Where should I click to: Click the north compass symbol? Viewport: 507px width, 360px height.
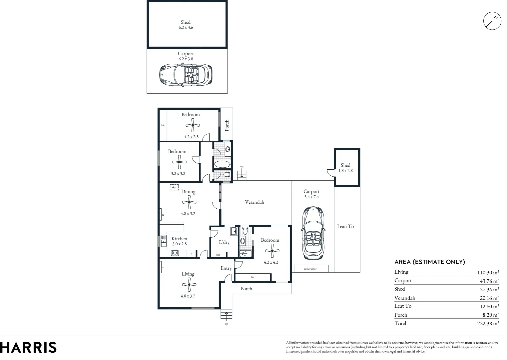click(492, 21)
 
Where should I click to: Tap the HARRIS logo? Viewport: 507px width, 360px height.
click(28, 347)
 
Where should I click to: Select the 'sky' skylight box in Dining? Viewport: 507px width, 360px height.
click(174, 187)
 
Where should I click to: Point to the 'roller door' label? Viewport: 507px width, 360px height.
click(310, 269)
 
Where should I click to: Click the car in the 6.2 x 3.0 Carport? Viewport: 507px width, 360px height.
click(186, 75)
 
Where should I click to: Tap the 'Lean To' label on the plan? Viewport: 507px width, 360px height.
click(345, 226)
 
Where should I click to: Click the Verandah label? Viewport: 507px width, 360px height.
click(254, 202)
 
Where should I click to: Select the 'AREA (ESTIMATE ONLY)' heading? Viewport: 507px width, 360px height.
click(429, 262)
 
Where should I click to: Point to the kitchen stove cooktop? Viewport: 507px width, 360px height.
click(175, 253)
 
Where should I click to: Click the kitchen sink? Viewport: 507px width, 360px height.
click(164, 241)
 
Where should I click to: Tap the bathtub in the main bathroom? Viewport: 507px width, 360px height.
click(222, 164)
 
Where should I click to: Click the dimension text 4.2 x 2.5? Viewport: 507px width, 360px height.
click(191, 137)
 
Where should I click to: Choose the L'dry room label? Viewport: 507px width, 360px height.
click(224, 242)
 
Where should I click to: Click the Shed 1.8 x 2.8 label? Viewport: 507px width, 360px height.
click(345, 168)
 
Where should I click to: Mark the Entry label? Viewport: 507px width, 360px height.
click(226, 268)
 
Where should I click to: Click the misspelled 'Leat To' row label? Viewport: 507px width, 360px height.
click(403, 306)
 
